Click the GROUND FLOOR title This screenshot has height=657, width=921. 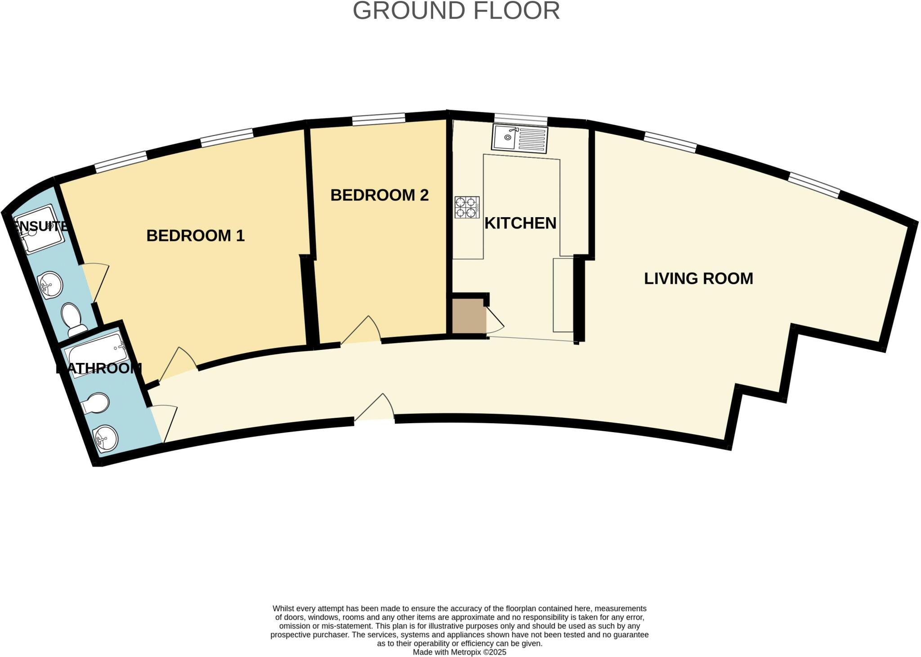pyautogui.click(x=456, y=11)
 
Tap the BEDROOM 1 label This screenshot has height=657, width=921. pyautogui.click(x=196, y=236)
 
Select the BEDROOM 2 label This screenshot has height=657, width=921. pyautogui.click(x=380, y=195)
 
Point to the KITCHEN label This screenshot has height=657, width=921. pyautogui.click(x=520, y=223)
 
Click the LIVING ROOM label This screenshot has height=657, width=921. pyautogui.click(x=698, y=278)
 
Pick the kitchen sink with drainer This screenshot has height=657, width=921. pyautogui.click(x=520, y=138)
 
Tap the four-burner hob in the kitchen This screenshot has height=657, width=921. pyautogui.click(x=467, y=207)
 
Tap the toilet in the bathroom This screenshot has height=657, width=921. pyautogui.click(x=96, y=403)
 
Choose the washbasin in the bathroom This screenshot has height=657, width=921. pyautogui.click(x=105, y=438)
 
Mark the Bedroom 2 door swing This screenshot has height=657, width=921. pyautogui.click(x=362, y=331)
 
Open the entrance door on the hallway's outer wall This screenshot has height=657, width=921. pyautogui.click(x=376, y=408)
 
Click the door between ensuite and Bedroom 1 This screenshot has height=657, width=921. pyautogui.click(x=95, y=282)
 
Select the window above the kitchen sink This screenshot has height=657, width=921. pyautogui.click(x=521, y=120)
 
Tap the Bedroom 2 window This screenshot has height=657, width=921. pyautogui.click(x=379, y=120)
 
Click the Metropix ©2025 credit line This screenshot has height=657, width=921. pyautogui.click(x=459, y=652)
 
